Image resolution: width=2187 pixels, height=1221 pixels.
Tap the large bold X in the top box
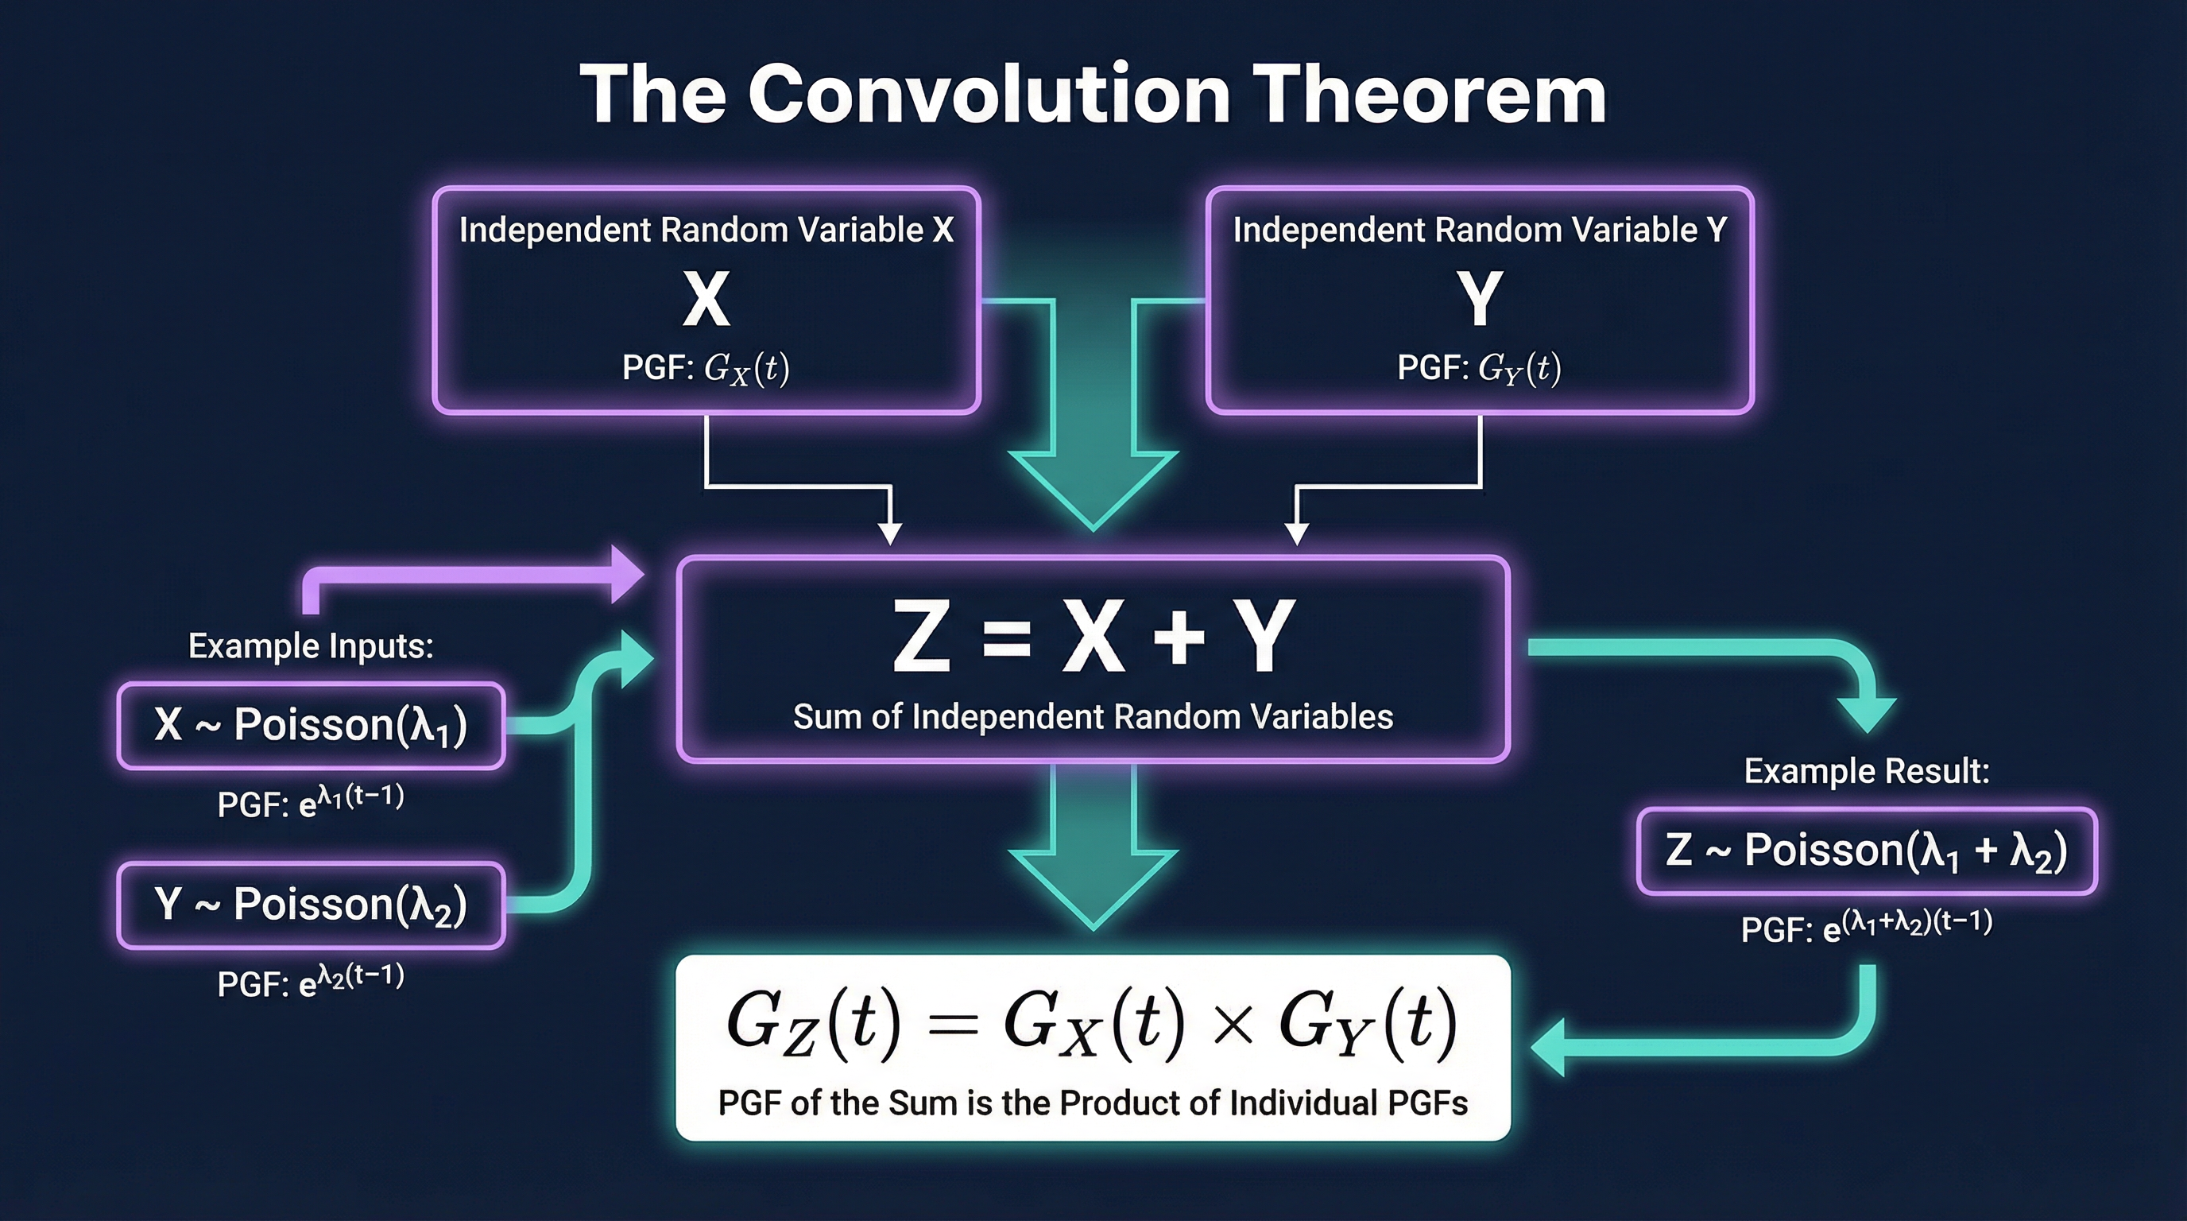pos(706,300)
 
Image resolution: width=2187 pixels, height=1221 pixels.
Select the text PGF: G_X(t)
pos(706,369)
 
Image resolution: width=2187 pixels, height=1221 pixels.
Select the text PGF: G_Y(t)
pos(1479,368)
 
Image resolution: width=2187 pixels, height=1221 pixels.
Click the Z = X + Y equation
pos(1093,637)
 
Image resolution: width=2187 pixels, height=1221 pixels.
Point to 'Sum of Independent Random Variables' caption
pos(1093,717)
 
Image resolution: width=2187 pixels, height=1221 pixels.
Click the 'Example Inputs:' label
pos(311,646)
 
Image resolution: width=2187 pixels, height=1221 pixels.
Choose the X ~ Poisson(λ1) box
pos(311,726)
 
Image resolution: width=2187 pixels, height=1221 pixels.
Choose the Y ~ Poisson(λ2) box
pos(311,905)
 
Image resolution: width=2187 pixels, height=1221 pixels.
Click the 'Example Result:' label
pos(1866,771)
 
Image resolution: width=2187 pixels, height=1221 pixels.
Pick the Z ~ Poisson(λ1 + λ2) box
pos(1866,851)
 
